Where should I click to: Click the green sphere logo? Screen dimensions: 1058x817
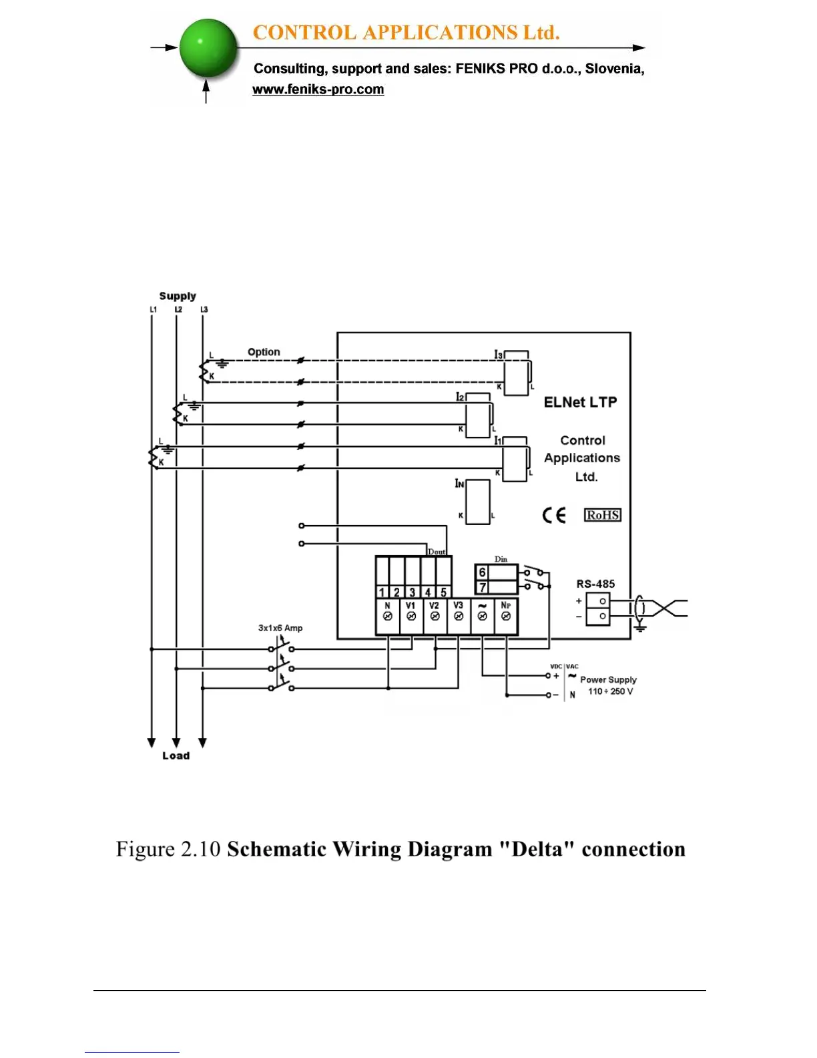[208, 48]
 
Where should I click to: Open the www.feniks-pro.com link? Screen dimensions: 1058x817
[318, 90]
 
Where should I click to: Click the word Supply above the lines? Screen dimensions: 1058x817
[178, 296]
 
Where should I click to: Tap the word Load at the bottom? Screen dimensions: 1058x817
[176, 755]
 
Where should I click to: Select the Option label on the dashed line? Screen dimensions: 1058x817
[264, 352]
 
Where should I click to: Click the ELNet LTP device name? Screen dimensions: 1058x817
[580, 402]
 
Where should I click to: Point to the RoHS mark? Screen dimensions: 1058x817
[603, 515]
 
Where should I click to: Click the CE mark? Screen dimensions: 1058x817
[554, 515]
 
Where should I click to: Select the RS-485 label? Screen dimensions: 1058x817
[595, 584]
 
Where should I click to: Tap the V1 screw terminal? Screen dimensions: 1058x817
[411, 616]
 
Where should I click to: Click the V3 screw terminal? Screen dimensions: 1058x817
[459, 616]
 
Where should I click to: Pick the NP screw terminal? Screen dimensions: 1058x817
[506, 616]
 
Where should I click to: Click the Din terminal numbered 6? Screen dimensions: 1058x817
[483, 572]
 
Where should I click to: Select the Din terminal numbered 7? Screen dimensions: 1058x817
[483, 588]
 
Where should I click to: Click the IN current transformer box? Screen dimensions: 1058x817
[477, 502]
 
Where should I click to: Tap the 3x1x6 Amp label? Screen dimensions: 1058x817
[280, 628]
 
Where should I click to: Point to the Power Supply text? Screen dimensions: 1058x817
[608, 679]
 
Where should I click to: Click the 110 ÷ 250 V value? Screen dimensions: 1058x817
[610, 691]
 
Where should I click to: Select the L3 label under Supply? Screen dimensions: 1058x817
[204, 309]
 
